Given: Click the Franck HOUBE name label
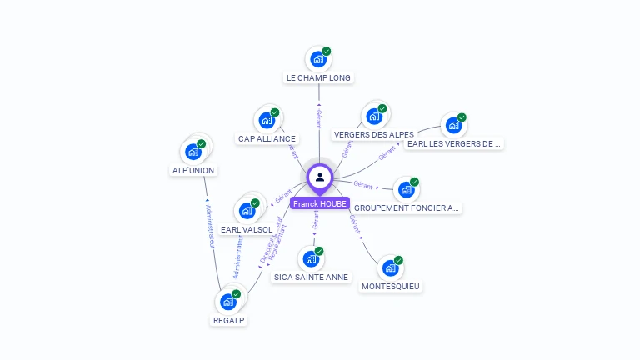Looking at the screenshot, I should coord(320,203).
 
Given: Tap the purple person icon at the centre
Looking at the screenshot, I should coord(320,177).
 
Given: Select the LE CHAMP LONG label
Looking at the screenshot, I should coord(318,77).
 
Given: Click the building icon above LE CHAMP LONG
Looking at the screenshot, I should coord(317,59).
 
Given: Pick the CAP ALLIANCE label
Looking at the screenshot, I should coord(267,138).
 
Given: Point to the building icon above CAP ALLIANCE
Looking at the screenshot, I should coord(267,120).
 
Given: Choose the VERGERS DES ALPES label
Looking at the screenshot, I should coord(373,134).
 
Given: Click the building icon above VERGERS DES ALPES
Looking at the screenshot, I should coord(373,116).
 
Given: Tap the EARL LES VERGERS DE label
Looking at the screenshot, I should coord(454,143).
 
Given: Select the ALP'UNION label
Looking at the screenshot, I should coord(193,170).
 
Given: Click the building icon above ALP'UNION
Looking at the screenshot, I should coord(193,152).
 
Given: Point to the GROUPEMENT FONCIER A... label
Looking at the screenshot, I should coord(407,207).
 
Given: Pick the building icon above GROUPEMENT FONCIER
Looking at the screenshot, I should coord(406,189).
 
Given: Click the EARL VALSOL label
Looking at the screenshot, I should coord(247,229).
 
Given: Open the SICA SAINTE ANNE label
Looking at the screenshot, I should coord(312,277).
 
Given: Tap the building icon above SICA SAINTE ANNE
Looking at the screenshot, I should coord(311,258).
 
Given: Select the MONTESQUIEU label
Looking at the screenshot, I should coord(391,286).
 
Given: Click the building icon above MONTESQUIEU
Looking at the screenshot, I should coord(390,267).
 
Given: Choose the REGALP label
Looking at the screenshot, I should coord(229,319).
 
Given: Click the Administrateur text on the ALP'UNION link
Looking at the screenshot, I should coord(211,227).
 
